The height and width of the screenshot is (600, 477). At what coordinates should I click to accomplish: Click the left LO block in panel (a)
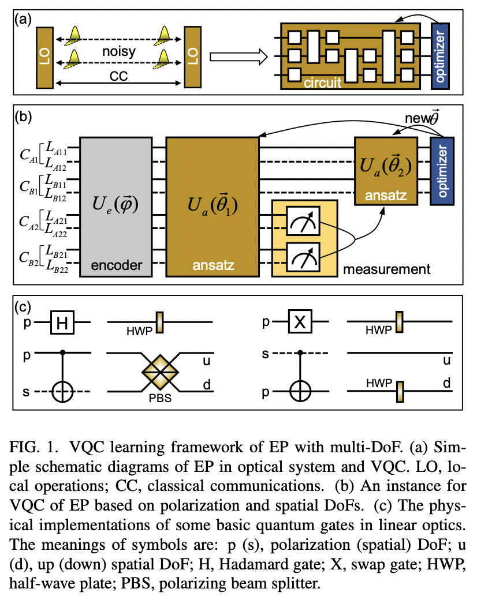[45, 57]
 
